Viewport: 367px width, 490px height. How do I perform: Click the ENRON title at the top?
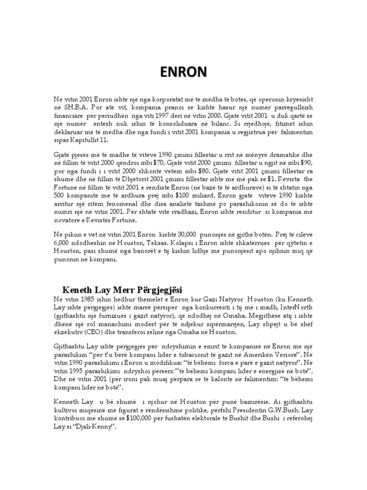tap(183, 72)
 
